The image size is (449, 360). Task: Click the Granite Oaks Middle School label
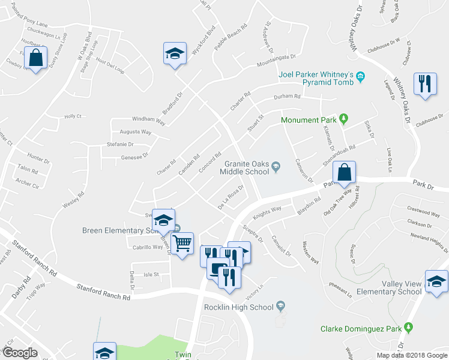246,167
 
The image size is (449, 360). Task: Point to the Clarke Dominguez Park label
361,328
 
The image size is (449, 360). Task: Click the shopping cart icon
182,243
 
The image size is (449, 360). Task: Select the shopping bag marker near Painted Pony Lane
36,58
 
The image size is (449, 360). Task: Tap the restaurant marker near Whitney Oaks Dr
426,84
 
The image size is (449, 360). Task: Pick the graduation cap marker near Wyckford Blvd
175,54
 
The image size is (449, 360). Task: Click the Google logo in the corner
20,353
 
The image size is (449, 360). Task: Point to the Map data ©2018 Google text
412,355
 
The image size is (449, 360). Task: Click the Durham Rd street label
287,96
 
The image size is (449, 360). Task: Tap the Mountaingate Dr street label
277,60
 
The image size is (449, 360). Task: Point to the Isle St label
151,275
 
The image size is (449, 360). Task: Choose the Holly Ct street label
73,116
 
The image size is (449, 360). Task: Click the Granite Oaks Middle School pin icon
277,167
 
